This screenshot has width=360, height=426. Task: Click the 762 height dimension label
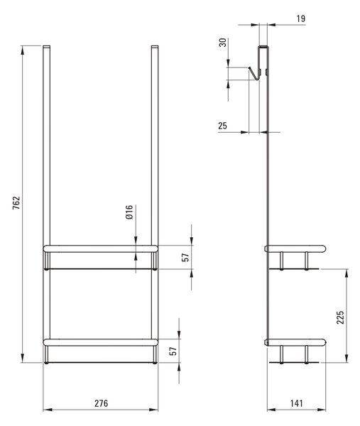[x=16, y=202]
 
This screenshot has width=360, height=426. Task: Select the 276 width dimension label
[x=101, y=403]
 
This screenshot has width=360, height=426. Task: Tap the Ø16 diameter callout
[x=129, y=212]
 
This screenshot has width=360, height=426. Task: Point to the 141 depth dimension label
[x=296, y=403]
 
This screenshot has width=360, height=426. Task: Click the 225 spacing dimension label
[x=340, y=317]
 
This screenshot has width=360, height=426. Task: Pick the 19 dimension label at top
[x=301, y=18]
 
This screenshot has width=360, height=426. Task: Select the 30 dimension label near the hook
[x=222, y=43]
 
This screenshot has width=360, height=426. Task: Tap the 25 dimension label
[x=222, y=126]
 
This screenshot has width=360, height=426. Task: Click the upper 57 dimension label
[x=185, y=257]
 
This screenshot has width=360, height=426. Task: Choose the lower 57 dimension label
[x=173, y=351]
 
